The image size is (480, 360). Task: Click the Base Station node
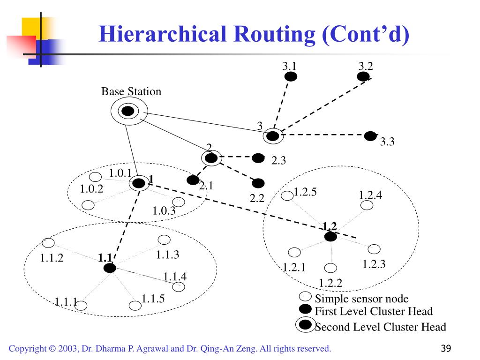(128, 111)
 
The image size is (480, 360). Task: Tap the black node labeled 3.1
(291, 76)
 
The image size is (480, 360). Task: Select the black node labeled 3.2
(363, 76)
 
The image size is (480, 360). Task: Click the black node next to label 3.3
(370, 136)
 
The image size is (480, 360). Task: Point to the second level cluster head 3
(272, 136)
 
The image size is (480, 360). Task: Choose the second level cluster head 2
(211, 158)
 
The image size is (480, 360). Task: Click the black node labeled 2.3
(258, 158)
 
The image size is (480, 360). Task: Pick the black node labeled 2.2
(258, 183)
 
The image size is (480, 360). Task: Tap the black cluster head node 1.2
(330, 237)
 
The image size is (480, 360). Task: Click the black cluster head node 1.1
(110, 268)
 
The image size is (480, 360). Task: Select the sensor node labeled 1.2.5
(287, 195)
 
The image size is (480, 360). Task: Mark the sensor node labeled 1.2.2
(331, 268)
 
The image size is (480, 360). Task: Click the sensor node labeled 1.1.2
(48, 242)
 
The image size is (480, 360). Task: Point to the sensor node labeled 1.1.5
(135, 306)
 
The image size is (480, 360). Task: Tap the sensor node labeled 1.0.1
(96, 177)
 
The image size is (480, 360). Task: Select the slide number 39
(446, 348)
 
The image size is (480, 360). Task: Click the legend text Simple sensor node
(361, 299)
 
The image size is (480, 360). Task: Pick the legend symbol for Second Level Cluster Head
(306, 325)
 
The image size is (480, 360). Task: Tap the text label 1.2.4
(370, 195)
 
